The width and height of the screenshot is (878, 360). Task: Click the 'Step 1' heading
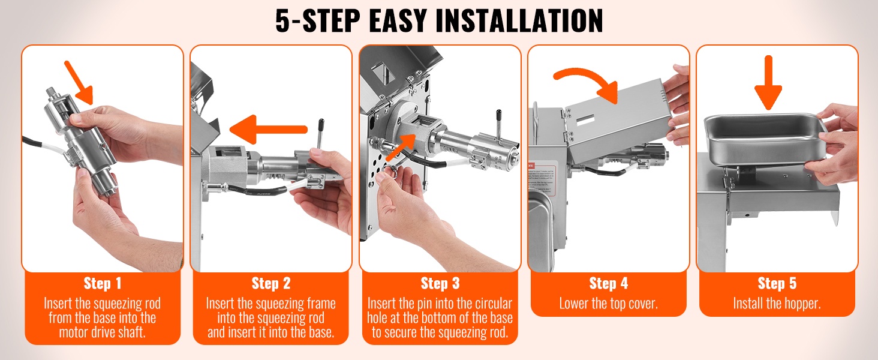103,283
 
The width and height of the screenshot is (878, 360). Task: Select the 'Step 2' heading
271,283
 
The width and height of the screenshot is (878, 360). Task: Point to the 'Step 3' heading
440,283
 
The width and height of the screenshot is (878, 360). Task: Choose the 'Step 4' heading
608,283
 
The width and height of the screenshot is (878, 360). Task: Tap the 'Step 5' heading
777,283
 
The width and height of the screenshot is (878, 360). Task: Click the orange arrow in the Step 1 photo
79,83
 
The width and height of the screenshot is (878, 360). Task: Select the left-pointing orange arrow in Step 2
268,130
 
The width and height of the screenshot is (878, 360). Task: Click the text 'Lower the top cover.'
608,304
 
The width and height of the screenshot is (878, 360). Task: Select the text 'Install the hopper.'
777,304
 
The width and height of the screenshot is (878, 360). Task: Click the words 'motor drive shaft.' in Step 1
103,332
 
